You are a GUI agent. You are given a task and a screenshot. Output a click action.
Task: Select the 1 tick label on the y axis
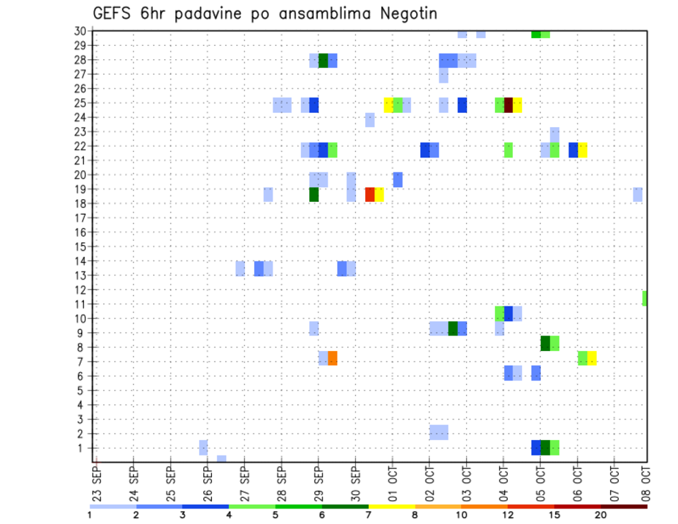[x=81, y=448]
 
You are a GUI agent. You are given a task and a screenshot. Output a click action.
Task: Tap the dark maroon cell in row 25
[x=508, y=105]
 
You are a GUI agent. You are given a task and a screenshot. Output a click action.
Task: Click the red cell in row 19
[x=369, y=194]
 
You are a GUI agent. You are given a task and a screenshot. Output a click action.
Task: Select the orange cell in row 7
[x=333, y=358]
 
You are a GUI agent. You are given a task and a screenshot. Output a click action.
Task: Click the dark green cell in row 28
[x=323, y=61]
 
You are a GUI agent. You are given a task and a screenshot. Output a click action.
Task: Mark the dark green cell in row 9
[x=453, y=328]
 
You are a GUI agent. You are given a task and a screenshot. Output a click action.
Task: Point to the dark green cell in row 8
[x=545, y=343]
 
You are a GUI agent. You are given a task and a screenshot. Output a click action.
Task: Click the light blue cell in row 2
[x=439, y=432]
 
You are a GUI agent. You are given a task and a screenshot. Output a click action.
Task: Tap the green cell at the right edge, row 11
[x=645, y=298]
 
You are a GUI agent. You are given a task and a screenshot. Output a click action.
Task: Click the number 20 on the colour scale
[x=601, y=516]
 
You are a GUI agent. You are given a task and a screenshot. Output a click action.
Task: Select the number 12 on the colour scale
[x=509, y=516]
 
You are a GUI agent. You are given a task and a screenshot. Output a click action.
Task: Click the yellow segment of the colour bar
[x=391, y=506]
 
